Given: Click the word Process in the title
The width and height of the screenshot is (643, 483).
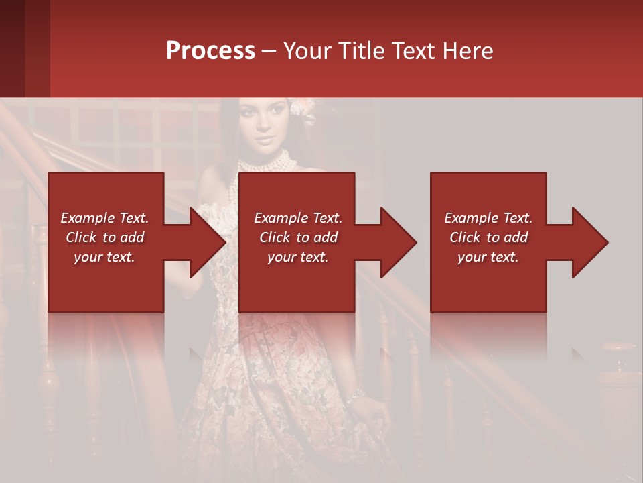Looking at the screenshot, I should click(x=210, y=51).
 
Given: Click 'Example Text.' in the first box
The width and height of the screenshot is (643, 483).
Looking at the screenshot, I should click(x=104, y=218).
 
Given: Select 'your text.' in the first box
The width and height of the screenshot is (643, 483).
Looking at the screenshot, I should click(x=104, y=257).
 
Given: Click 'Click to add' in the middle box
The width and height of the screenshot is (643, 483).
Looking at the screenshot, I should click(x=298, y=237).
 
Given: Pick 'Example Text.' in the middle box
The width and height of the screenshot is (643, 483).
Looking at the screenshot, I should click(x=298, y=218).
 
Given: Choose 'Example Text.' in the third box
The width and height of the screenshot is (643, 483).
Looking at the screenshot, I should click(x=488, y=218).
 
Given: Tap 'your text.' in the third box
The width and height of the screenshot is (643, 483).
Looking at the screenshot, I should click(x=488, y=257).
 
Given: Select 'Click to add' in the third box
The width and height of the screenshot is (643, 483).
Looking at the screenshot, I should click(x=488, y=237).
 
